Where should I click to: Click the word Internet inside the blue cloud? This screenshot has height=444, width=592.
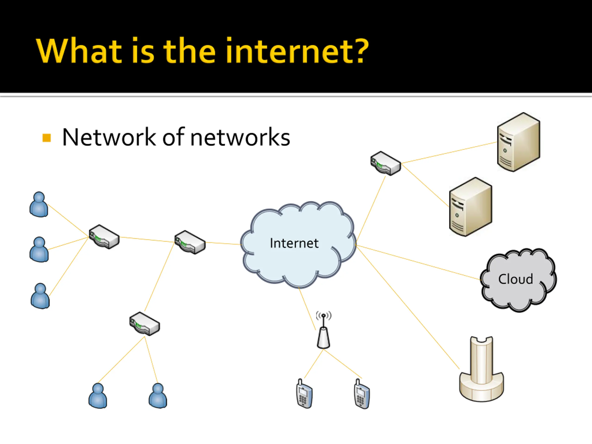[x=294, y=243]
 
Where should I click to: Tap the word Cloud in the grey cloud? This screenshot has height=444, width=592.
[x=515, y=279]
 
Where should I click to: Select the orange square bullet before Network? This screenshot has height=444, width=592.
[x=46, y=138]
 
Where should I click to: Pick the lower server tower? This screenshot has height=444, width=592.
[x=471, y=207]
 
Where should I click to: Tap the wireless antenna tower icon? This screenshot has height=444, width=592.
[x=323, y=330]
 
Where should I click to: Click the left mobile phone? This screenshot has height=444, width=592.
[x=304, y=393]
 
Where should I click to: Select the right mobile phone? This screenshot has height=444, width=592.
[x=362, y=393]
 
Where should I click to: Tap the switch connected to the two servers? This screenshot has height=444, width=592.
[x=386, y=163]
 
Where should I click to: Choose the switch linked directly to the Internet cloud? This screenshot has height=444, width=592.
[x=190, y=242]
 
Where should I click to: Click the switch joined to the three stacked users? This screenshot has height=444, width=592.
[x=104, y=237]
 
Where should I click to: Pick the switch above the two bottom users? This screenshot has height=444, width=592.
[x=145, y=323]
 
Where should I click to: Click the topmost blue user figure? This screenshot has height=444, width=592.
[x=39, y=204]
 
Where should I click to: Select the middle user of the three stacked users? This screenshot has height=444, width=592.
[x=39, y=250]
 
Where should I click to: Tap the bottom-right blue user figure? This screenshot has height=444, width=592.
[x=158, y=396]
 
